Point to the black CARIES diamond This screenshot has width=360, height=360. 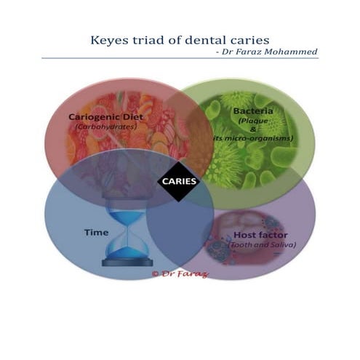coord(179,180)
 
